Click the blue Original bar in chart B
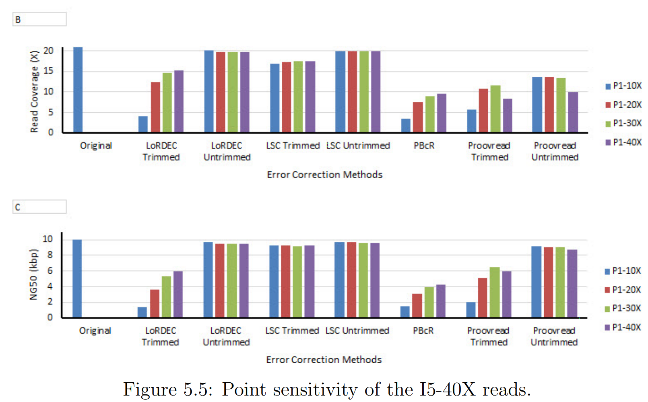click(78, 90)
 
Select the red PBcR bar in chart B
click(418, 117)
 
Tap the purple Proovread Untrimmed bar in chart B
click(573, 112)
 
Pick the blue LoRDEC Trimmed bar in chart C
click(142, 312)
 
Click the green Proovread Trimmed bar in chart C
click(495, 292)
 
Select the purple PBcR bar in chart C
click(441, 301)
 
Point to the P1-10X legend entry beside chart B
click(623, 86)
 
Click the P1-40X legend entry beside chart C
click(623, 327)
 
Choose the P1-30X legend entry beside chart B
click(623, 123)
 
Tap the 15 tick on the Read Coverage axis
click(48, 71)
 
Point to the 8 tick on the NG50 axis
click(50, 255)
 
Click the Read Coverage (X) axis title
click(34, 91)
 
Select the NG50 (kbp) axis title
click(33, 274)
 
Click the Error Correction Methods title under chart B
click(324, 175)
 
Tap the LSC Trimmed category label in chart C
click(292, 331)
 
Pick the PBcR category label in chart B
click(424, 146)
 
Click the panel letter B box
click(39, 19)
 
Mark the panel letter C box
click(39, 207)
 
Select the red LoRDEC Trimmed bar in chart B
click(155, 107)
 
